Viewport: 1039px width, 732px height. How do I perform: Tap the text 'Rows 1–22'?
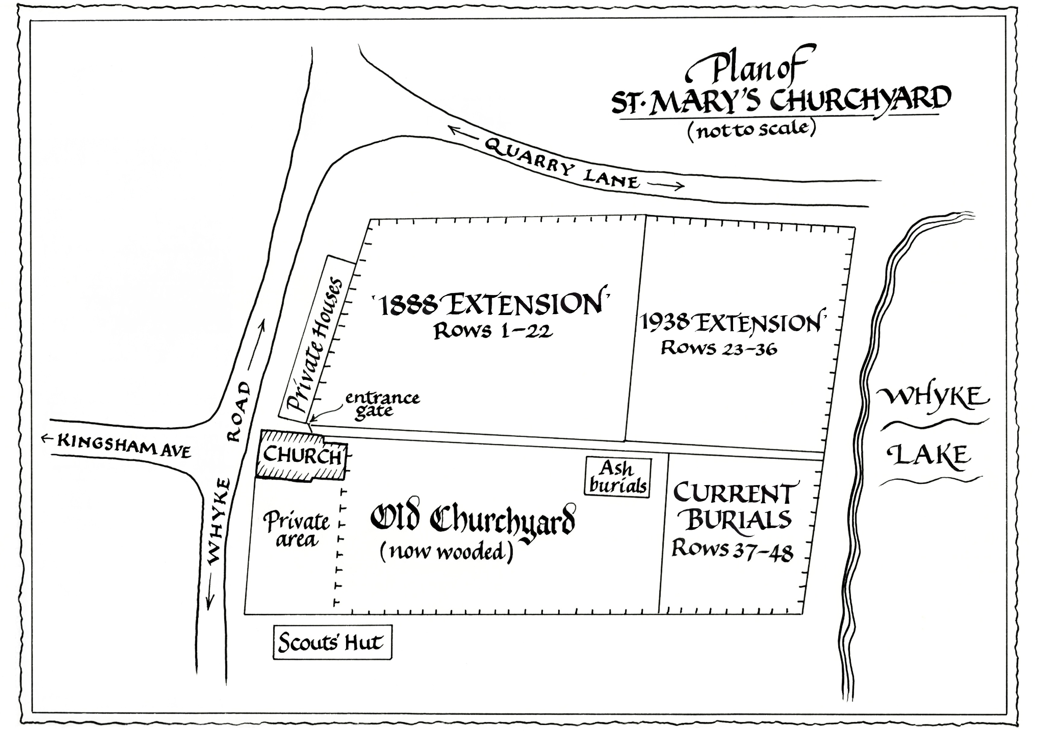coord(493,331)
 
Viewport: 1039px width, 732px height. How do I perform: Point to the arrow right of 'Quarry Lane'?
coord(666,185)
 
